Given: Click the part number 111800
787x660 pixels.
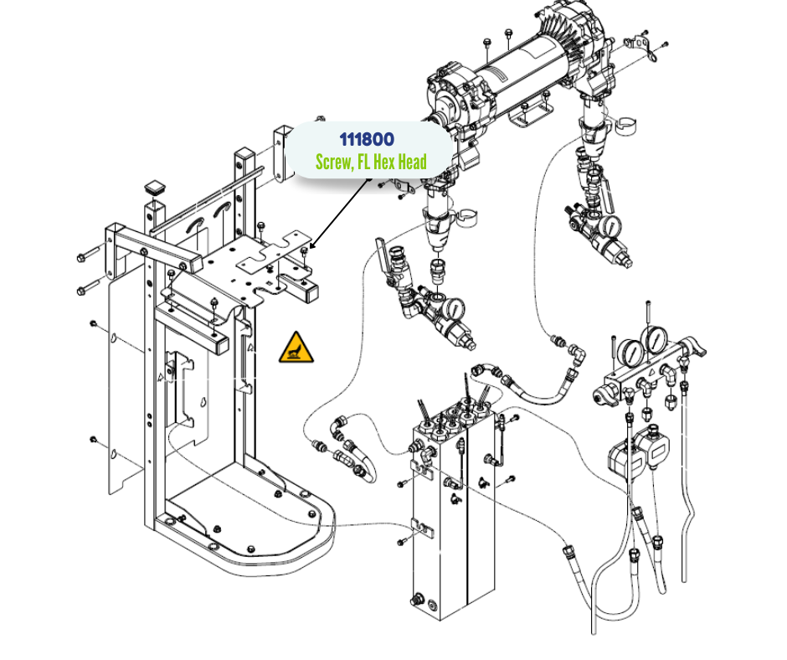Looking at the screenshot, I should tap(366, 139).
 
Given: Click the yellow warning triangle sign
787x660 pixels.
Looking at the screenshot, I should tap(297, 348).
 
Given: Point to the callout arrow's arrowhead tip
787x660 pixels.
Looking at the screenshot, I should tap(310, 249).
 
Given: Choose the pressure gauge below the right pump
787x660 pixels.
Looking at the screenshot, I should tap(612, 226).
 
